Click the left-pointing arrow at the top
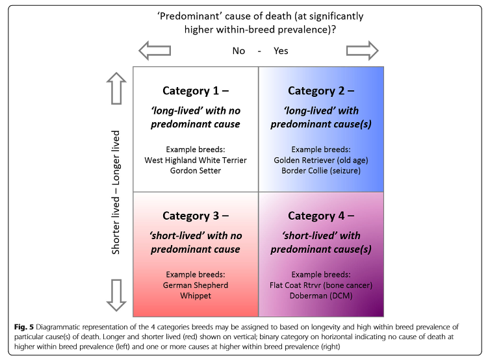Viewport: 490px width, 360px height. point(155,50)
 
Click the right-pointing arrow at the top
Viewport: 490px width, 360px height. point(363,50)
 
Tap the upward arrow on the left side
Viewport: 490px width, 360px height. point(117,88)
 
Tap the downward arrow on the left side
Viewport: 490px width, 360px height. point(117,296)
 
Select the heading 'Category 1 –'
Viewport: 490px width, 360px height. point(196,90)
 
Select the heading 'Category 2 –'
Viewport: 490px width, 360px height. point(321,90)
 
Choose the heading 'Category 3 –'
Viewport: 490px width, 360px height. point(196,216)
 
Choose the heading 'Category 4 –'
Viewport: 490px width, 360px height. point(321,216)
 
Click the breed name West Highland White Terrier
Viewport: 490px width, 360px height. point(196,159)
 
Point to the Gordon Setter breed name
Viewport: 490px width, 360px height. point(196,170)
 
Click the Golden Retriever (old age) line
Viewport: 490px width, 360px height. point(321,159)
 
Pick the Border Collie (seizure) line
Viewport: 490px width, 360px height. point(321,170)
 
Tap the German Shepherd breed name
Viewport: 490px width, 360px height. point(196,285)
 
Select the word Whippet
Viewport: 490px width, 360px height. point(196,296)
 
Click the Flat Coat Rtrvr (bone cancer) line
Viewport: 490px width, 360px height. point(321,285)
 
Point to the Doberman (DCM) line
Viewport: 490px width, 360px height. point(321,296)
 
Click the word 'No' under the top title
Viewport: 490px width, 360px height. point(239,51)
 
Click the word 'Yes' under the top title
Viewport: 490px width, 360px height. point(281,51)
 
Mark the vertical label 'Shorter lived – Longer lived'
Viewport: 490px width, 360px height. point(117,192)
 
